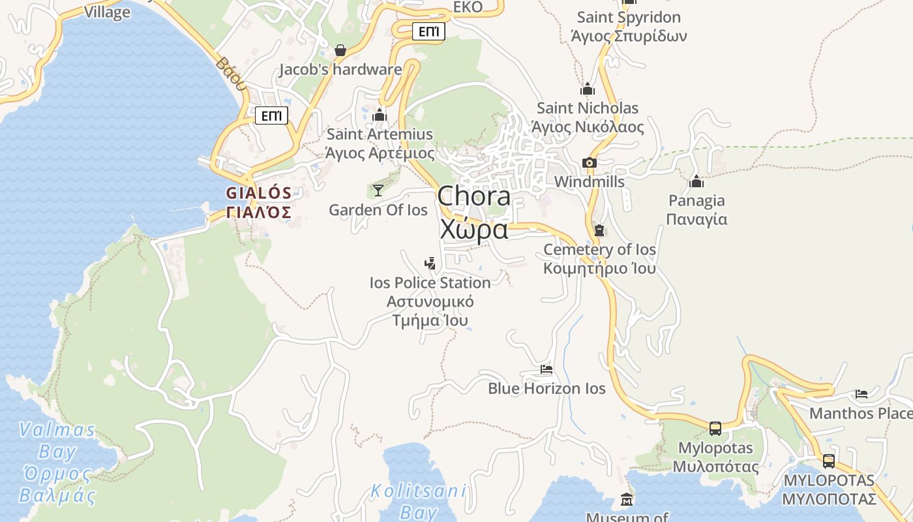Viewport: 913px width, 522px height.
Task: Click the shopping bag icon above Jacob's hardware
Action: (x=340, y=50)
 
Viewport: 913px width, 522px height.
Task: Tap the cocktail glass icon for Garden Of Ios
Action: (x=378, y=190)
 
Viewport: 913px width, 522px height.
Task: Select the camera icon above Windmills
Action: (x=589, y=162)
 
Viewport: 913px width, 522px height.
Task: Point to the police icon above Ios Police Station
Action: (x=430, y=264)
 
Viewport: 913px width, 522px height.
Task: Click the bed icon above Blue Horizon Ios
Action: (x=546, y=369)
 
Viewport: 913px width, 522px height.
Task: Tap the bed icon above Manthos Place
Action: (x=861, y=394)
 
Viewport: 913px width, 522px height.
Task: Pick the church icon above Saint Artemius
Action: (x=380, y=115)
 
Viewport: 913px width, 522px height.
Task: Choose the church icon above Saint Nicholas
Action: (x=588, y=89)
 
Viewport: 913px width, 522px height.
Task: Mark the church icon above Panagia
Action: (x=696, y=181)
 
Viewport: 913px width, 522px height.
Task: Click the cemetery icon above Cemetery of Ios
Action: (x=599, y=230)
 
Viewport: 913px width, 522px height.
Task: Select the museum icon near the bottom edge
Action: (x=627, y=500)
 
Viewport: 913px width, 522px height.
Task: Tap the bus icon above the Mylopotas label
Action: (x=715, y=429)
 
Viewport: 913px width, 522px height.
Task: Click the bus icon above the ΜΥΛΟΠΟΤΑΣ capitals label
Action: (x=829, y=461)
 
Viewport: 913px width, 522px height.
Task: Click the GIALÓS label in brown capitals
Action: (x=258, y=193)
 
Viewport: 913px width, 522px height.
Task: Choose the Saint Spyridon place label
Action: (x=629, y=18)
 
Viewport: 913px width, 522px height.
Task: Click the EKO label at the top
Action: (x=468, y=7)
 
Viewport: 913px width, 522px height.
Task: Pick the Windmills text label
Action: (x=590, y=182)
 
